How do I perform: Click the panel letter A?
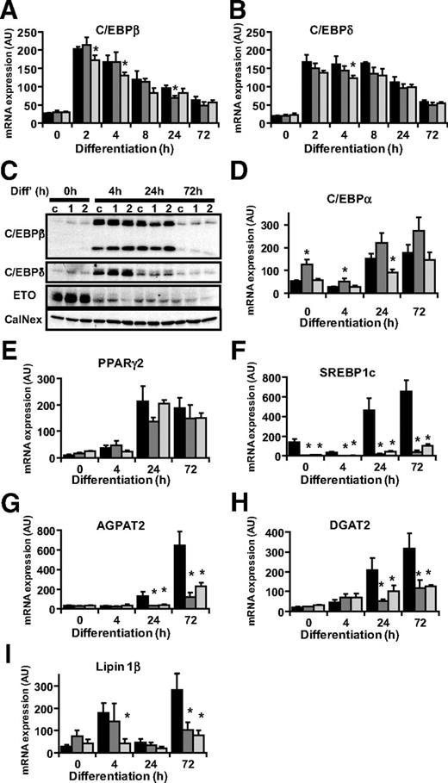[x=9, y=9]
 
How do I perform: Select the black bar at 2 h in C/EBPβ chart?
[x=77, y=86]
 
